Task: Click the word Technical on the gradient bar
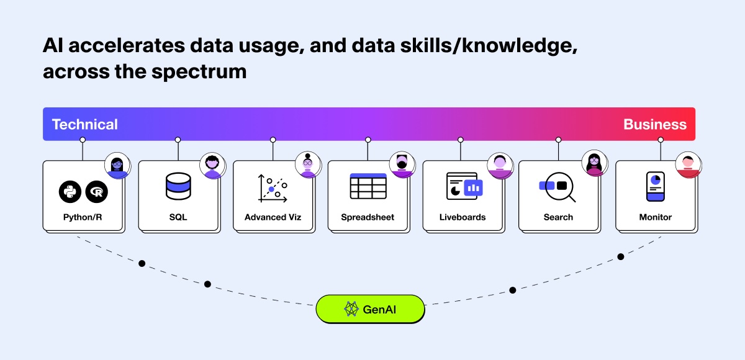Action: [85, 124]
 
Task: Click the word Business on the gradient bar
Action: [655, 124]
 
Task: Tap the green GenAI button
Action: [370, 309]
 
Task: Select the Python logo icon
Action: [70, 192]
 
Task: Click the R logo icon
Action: [96, 192]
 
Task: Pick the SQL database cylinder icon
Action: [178, 186]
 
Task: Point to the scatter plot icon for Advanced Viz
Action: [273, 189]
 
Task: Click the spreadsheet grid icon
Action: [368, 186]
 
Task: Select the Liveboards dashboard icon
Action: [464, 186]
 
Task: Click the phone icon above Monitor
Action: [655, 186]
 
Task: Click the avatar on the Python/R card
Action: [117, 165]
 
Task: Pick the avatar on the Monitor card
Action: [688, 164]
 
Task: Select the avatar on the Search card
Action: [594, 163]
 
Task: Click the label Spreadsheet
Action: [368, 217]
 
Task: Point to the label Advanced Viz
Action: [273, 217]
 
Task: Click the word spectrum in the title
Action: [199, 72]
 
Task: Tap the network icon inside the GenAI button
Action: [351, 309]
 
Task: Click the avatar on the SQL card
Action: [212, 165]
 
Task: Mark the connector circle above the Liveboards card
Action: [460, 140]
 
